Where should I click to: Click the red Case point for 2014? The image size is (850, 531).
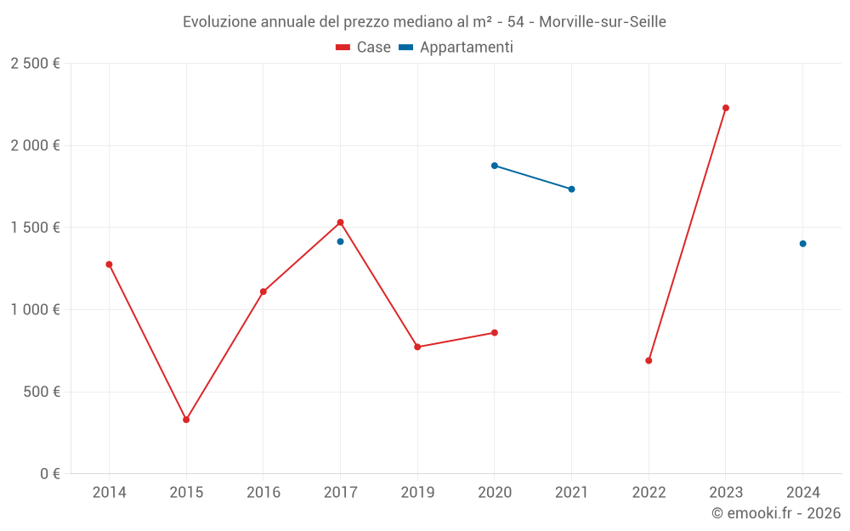pyautogui.click(x=109, y=264)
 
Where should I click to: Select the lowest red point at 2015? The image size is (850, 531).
pyautogui.click(x=186, y=420)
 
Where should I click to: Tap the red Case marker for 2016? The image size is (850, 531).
pyautogui.click(x=263, y=291)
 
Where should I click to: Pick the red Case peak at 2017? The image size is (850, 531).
pyautogui.click(x=340, y=223)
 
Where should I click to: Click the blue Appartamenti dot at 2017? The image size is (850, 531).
pyautogui.click(x=340, y=241)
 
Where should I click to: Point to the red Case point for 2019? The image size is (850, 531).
pyautogui.click(x=417, y=347)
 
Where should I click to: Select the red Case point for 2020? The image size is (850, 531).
pyautogui.click(x=495, y=332)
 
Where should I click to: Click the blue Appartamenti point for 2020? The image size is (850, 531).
pyautogui.click(x=495, y=166)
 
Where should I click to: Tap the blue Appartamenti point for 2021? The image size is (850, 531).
pyautogui.click(x=571, y=189)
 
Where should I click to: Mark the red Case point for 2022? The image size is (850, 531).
pyautogui.click(x=649, y=360)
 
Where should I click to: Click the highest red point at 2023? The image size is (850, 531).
pyautogui.click(x=726, y=108)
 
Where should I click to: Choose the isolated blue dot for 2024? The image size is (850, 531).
pyautogui.click(x=802, y=244)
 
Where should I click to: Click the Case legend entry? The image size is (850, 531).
pyautogui.click(x=364, y=48)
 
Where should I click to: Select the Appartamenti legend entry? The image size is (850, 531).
pyautogui.click(x=456, y=48)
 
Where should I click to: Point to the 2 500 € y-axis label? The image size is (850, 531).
pyautogui.click(x=35, y=64)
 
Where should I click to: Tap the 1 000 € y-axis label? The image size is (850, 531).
pyautogui.click(x=35, y=310)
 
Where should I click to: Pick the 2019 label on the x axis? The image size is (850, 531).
pyautogui.click(x=417, y=492)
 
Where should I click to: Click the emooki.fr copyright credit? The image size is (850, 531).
pyautogui.click(x=776, y=513)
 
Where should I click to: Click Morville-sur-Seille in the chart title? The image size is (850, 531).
pyautogui.click(x=603, y=22)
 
